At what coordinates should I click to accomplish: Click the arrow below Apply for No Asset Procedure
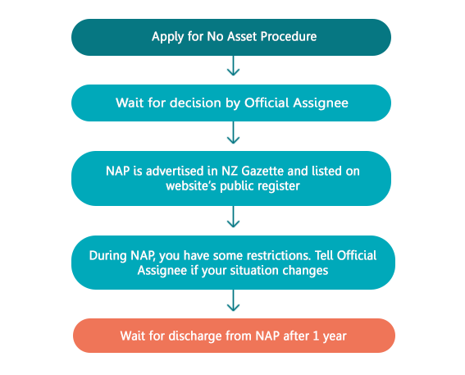click(x=233, y=66)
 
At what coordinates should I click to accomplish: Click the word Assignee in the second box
click(x=321, y=103)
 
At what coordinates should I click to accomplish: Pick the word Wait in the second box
click(x=130, y=103)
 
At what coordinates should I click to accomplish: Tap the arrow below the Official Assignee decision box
click(x=233, y=133)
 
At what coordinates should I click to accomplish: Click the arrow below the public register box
click(x=233, y=217)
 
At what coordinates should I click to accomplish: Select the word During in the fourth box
click(x=108, y=255)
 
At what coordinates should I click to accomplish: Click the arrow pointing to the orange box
click(x=233, y=300)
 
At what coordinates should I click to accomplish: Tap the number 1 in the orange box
click(x=316, y=336)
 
